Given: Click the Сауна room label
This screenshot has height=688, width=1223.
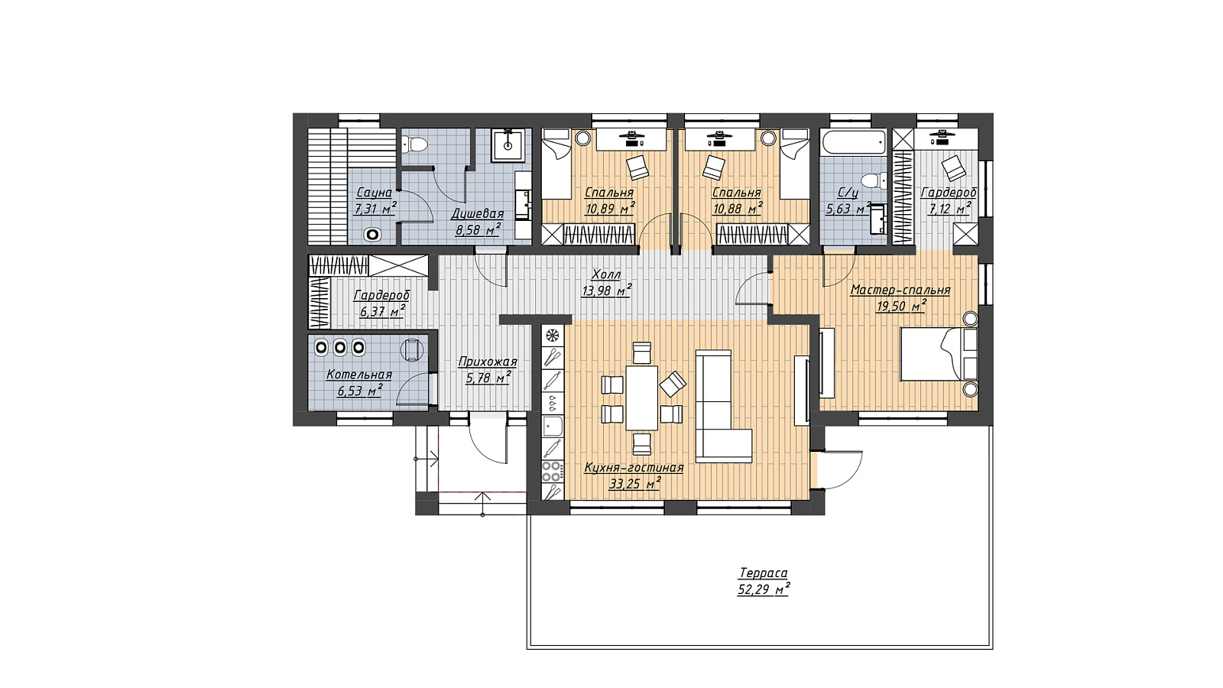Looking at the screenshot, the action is coord(374,193).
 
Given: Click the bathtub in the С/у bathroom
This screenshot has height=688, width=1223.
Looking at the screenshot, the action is coord(854,142).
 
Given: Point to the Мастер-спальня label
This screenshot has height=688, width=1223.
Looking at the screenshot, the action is coord(900,290).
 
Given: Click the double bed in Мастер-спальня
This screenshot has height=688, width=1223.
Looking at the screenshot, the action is coord(939,354).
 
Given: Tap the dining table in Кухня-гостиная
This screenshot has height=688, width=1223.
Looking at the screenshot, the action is coord(641,398).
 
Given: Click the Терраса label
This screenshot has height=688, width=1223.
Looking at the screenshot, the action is coord(763,573).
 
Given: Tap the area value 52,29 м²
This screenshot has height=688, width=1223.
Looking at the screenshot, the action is coord(763,590).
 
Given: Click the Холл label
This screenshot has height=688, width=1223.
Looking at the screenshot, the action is coord(607,274).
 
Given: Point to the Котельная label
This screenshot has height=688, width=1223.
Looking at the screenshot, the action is coord(359,375).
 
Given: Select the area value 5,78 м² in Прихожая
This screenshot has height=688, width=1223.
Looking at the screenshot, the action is coord(488,378).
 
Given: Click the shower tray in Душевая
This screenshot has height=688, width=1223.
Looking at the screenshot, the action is coord(511,144).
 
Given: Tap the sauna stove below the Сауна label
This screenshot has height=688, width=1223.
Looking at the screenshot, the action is coord(373,235).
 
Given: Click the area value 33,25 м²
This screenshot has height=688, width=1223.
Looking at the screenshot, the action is coord(634,485).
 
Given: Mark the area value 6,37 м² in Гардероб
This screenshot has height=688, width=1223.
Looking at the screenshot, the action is coord(381,312).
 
